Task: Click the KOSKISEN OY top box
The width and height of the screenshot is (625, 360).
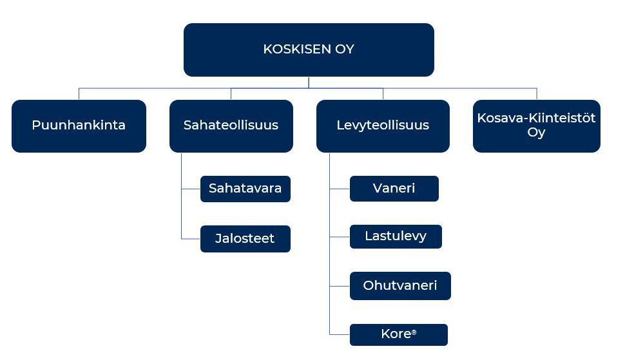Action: [x=309, y=50]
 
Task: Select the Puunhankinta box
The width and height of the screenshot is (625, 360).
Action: [x=79, y=126]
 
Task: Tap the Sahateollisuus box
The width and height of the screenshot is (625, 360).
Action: [x=231, y=126]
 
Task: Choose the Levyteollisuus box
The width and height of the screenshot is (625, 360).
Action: [x=383, y=126]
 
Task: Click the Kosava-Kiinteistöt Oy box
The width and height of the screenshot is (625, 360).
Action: [x=537, y=126]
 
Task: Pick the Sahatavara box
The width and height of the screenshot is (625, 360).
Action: [x=245, y=189]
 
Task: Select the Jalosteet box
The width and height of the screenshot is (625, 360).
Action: [x=245, y=239]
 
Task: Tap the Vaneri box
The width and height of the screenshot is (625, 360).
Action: [x=394, y=189]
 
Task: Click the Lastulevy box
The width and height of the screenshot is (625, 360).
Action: [x=396, y=236]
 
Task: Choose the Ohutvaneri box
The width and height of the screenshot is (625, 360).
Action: [x=400, y=286]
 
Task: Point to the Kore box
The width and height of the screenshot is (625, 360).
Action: [x=399, y=334]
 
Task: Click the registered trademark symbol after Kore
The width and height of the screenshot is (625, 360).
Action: [x=414, y=332]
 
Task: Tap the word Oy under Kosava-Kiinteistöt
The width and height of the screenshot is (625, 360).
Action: [x=536, y=133]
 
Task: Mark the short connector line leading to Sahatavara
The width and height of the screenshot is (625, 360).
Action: [x=191, y=189]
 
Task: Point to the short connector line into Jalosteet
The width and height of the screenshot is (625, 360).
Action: [x=191, y=239]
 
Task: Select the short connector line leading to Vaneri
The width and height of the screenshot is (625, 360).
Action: [x=340, y=189]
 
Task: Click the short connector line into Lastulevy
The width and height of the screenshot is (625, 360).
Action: [x=340, y=236]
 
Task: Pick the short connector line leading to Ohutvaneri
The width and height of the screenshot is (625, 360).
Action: [x=340, y=286]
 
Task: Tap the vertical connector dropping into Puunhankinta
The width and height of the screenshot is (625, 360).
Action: [x=79, y=94]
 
